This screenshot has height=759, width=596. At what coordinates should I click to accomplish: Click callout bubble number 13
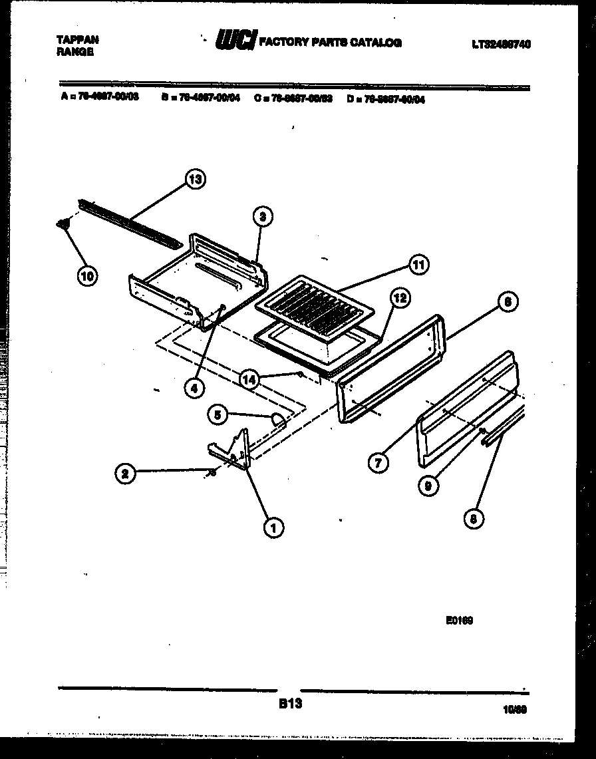click(194, 180)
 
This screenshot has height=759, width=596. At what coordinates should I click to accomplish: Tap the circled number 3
click(263, 216)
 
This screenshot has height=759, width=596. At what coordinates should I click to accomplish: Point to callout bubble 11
click(418, 265)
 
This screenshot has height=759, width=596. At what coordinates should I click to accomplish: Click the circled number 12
click(399, 299)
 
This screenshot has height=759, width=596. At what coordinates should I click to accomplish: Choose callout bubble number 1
click(271, 527)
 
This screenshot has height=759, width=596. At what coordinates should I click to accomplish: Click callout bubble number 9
click(429, 486)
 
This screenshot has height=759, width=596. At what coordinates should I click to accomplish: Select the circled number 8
click(473, 520)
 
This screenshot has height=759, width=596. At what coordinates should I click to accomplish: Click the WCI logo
click(235, 42)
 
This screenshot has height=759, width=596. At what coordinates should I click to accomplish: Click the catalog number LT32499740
click(502, 45)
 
